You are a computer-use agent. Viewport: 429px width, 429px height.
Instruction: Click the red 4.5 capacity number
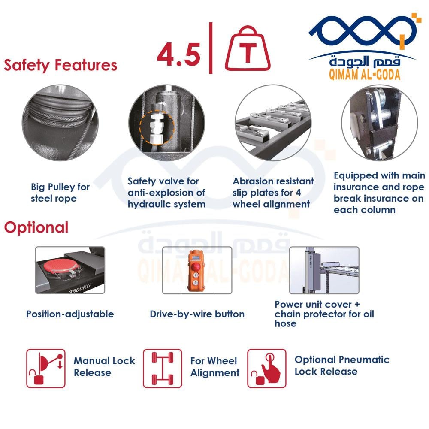point(179,55)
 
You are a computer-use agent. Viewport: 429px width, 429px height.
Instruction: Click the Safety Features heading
point(60,66)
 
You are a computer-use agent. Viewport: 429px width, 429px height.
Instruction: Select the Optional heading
point(36,227)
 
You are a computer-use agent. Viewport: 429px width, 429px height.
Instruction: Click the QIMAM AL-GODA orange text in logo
point(364,74)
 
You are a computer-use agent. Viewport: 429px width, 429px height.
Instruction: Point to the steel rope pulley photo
point(60,122)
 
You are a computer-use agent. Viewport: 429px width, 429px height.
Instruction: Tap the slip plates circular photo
point(273,122)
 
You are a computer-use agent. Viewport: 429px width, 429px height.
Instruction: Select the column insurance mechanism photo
point(380,122)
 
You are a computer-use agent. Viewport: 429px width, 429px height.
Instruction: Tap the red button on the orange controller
point(196,266)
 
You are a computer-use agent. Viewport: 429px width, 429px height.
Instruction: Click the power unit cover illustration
point(324,270)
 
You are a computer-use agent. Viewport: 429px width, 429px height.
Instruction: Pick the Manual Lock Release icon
point(46,368)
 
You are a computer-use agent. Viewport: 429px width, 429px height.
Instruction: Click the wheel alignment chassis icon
point(163,368)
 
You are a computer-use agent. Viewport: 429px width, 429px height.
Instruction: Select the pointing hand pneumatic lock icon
point(267,368)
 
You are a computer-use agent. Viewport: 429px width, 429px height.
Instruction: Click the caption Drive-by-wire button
point(197,314)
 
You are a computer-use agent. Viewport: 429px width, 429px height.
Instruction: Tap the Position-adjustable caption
point(70,314)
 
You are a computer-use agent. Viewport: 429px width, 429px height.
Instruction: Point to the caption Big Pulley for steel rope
point(60,193)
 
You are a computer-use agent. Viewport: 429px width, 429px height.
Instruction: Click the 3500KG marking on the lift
point(80,289)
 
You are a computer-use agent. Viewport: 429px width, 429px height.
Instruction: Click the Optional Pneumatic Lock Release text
point(342,365)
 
